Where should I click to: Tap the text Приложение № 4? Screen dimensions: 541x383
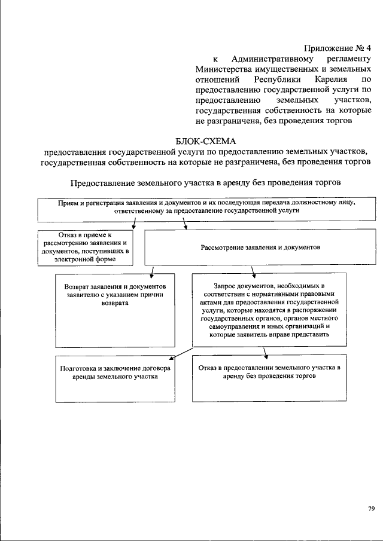click(338, 47)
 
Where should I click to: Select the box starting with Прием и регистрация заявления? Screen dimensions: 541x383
click(206, 207)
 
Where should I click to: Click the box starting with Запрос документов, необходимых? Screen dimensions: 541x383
click(269, 310)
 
